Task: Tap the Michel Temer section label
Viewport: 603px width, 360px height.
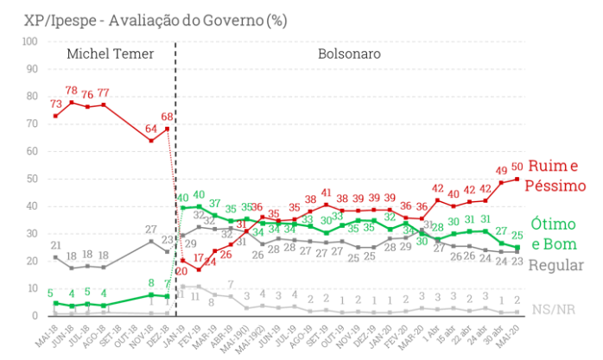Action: tap(110, 54)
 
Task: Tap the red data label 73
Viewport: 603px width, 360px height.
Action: tap(54, 104)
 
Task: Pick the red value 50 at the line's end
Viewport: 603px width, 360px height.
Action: tap(517, 167)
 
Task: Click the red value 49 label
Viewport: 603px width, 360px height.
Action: tap(501, 170)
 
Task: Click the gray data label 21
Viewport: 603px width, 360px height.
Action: tap(54, 246)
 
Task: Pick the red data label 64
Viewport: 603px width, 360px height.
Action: tap(150, 129)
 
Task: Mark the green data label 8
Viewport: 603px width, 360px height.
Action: tap(151, 283)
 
